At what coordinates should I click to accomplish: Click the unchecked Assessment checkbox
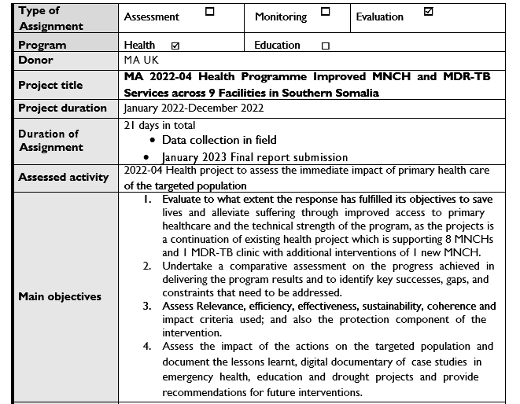pyautogui.click(x=209, y=13)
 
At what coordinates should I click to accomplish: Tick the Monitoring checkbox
pyautogui.click(x=325, y=13)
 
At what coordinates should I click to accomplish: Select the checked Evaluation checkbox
pyautogui.click(x=428, y=13)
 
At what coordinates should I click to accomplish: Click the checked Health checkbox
pyautogui.click(x=175, y=46)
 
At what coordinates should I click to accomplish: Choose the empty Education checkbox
pyautogui.click(x=325, y=46)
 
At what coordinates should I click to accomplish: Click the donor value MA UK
pyautogui.click(x=142, y=60)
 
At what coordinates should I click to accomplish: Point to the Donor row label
pyautogui.click(x=35, y=60)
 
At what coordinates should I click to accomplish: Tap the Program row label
pyautogui.click(x=42, y=45)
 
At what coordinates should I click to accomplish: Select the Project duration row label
pyautogui.click(x=62, y=108)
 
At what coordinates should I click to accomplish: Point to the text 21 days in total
pyautogui.click(x=160, y=125)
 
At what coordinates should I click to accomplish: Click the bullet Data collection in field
pyautogui.click(x=219, y=140)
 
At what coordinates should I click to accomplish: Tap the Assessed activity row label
pyautogui.click(x=63, y=177)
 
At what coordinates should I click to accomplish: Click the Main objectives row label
pyautogui.click(x=60, y=296)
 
